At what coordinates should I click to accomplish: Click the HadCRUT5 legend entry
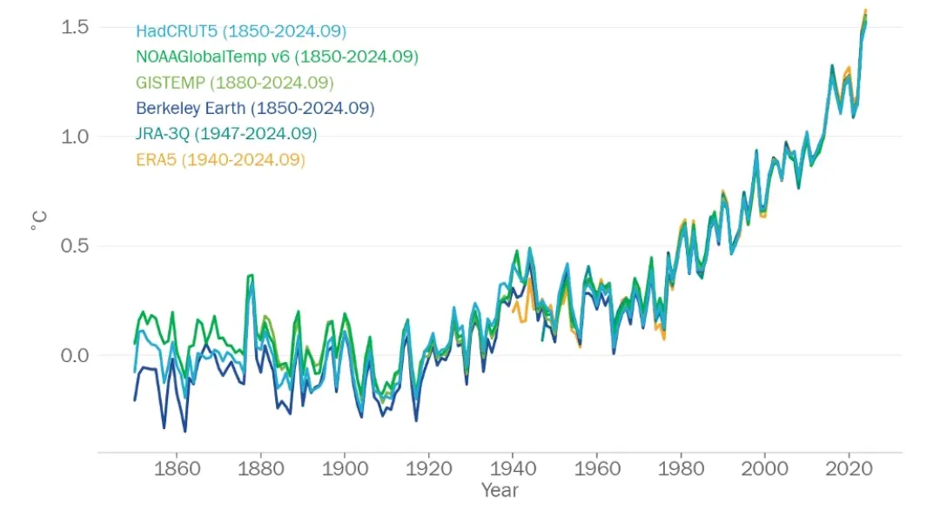[241, 31]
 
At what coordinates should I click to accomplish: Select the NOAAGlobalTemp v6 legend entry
[277, 57]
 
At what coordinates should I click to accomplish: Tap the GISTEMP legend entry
[235, 83]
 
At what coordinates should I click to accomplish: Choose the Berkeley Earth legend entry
[255, 109]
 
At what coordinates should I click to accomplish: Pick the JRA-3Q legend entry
[226, 134]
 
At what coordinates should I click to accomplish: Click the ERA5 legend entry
[220, 160]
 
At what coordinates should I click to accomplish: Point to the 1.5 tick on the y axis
[75, 27]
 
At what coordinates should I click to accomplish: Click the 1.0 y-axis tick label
[75, 137]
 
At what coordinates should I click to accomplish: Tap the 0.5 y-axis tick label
[75, 246]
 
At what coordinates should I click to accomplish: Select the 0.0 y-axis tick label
[75, 355]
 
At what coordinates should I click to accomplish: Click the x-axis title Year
[500, 491]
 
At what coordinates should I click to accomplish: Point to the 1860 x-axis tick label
[177, 467]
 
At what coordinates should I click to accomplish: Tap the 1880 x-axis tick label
[261, 467]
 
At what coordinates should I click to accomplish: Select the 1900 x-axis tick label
[345, 467]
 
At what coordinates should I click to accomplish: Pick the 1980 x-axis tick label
[681, 467]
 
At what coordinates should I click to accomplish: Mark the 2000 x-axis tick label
[765, 467]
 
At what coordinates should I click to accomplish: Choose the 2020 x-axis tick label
[849, 467]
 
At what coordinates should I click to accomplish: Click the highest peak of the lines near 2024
[865, 11]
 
